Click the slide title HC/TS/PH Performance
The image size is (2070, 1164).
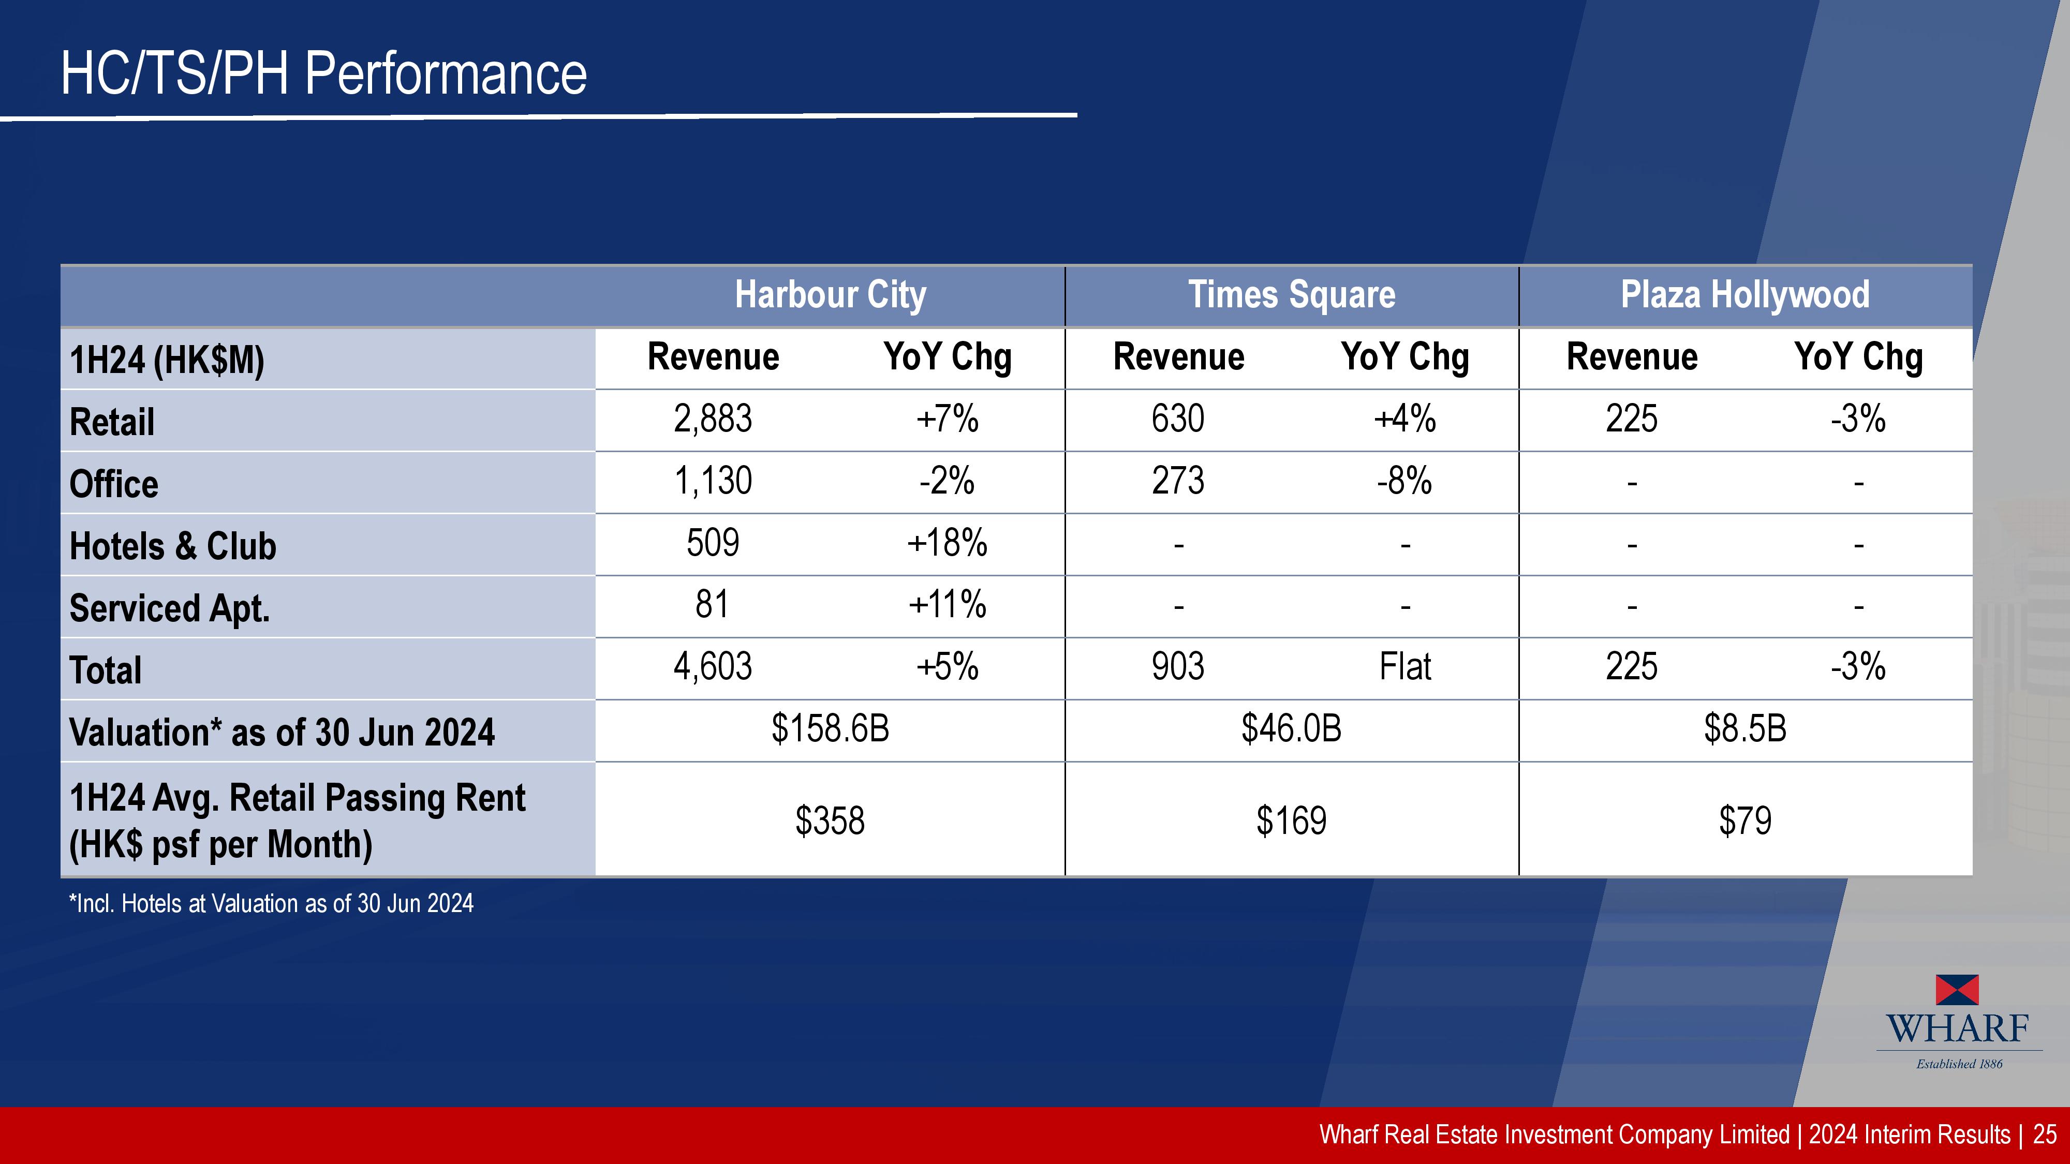pos(324,74)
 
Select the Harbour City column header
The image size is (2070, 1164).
pos(830,295)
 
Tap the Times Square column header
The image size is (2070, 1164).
pos(1291,295)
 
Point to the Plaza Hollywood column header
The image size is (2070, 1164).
pos(1744,295)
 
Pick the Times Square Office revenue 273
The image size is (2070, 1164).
pos(1178,481)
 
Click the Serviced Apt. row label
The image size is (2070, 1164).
pos(170,608)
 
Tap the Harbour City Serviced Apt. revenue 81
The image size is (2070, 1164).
pos(713,605)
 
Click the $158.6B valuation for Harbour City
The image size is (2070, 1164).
pos(830,728)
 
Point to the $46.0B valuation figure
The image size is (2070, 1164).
pos(1291,728)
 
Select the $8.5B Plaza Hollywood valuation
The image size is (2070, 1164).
pos(1744,728)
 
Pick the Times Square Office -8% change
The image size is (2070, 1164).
pos(1404,481)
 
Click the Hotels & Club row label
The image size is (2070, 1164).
pos(173,546)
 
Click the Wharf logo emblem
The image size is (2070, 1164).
pos(1958,990)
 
